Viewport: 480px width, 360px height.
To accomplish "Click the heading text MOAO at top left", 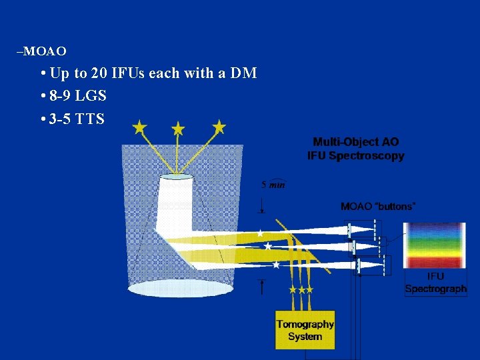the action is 47,51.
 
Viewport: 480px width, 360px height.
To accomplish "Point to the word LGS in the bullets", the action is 91,96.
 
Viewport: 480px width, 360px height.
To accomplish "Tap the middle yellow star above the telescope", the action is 178,127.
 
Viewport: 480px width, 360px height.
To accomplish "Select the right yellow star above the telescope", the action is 219,126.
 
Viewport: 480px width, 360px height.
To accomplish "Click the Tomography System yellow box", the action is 305,330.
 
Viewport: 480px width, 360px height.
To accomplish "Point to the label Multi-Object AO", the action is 356,142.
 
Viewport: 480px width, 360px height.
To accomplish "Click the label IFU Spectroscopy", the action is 355,155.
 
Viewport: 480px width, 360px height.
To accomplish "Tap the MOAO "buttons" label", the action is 377,206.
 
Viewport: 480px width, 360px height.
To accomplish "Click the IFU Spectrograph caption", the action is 436,283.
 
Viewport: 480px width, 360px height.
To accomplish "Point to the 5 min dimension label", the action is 273,185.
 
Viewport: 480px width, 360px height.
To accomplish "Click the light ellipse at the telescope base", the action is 180,288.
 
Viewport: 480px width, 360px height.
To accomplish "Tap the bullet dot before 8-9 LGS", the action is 43,97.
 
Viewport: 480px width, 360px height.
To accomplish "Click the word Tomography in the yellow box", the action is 305,325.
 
